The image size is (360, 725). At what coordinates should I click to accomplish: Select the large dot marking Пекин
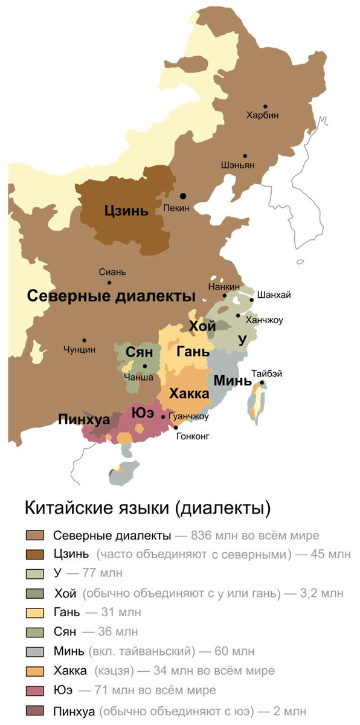[182, 196]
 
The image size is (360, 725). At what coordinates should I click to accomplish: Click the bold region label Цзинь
[126, 211]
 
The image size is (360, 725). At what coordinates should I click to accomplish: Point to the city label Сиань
[112, 272]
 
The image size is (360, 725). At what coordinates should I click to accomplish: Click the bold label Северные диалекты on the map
[112, 296]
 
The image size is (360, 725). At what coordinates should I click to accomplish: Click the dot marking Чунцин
[85, 340]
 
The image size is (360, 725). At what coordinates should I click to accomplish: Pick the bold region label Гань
[193, 352]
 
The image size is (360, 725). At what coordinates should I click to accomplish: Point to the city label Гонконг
[193, 436]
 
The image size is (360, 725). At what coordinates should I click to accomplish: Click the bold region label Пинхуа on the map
[83, 419]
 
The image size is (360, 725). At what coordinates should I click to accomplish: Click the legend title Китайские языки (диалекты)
[147, 507]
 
